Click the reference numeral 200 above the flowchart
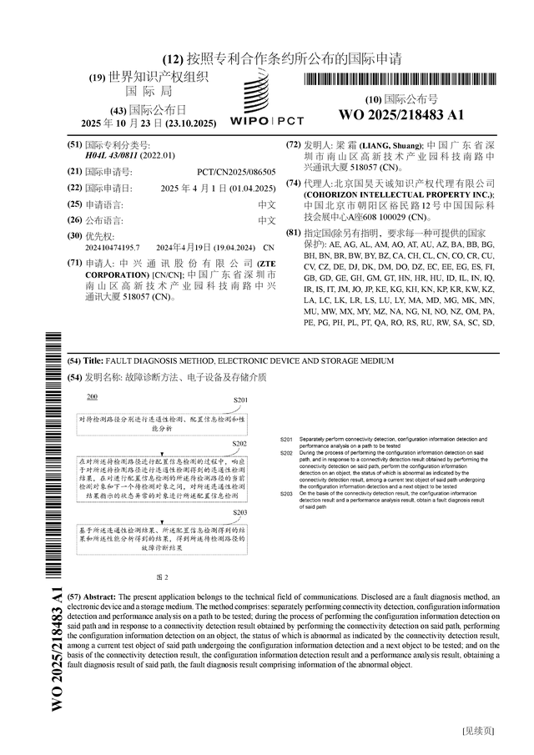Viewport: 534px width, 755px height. click(92, 395)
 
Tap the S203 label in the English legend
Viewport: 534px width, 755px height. click(285, 494)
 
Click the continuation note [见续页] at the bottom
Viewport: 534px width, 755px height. click(478, 731)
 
